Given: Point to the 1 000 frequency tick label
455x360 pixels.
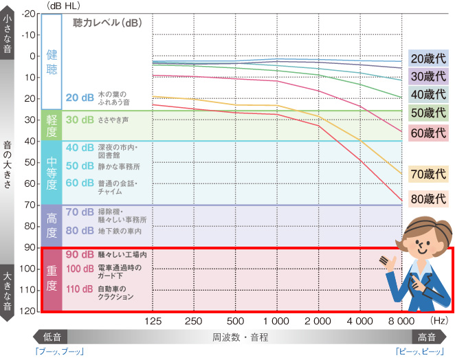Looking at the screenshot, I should pos(276,321).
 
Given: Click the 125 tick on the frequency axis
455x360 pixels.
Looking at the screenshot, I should pos(153,321).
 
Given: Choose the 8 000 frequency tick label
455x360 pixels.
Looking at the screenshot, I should pos(400,321).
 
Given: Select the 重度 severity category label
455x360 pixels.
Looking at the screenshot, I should pos(52,279).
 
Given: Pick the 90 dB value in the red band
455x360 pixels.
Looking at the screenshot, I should pos(80,254).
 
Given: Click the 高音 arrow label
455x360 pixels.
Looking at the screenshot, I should pos(427,337).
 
